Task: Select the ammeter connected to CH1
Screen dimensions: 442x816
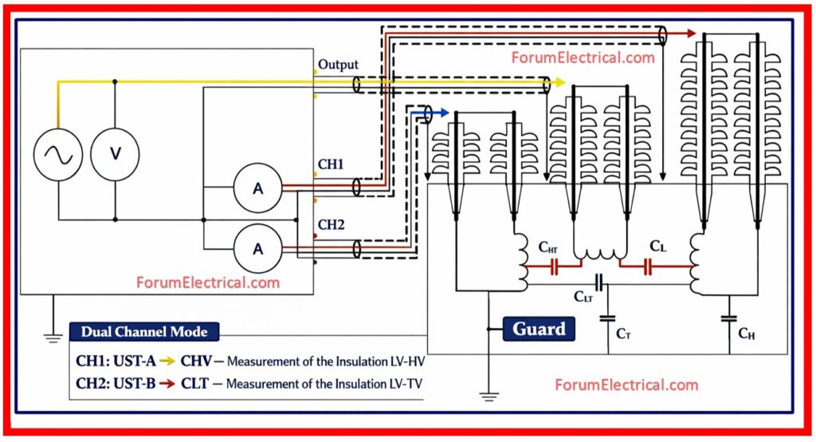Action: pyautogui.click(x=257, y=188)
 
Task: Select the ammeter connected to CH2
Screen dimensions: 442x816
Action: pyautogui.click(x=257, y=248)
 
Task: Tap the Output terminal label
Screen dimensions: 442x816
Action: pyautogui.click(x=338, y=64)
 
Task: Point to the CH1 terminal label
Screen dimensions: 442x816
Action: pyautogui.click(x=331, y=166)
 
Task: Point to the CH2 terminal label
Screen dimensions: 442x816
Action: pyautogui.click(x=331, y=225)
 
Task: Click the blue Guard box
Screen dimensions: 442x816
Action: pyautogui.click(x=539, y=328)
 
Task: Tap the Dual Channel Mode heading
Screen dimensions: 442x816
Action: pyautogui.click(x=142, y=332)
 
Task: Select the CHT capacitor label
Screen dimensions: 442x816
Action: pyautogui.click(x=547, y=248)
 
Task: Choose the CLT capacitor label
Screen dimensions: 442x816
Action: pyautogui.click(x=583, y=296)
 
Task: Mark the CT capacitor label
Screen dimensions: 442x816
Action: pyautogui.click(x=623, y=333)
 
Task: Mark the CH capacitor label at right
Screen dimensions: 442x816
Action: pyautogui.click(x=746, y=333)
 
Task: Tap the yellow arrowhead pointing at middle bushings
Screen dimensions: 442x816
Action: pyautogui.click(x=560, y=82)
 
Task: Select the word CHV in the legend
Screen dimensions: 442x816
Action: pyautogui.click(x=196, y=361)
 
